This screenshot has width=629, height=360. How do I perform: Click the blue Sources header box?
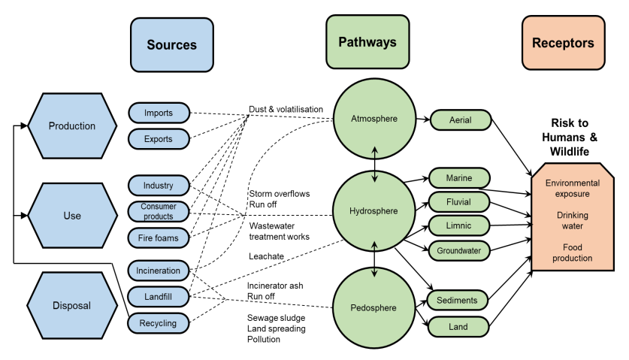pyautogui.click(x=171, y=44)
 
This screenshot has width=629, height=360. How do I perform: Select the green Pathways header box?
pyautogui.click(x=367, y=42)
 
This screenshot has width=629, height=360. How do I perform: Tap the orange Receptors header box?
pyautogui.click(x=563, y=43)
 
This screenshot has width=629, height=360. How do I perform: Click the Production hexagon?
pyautogui.click(x=72, y=126)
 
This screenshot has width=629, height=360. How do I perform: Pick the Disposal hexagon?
pyautogui.click(x=72, y=305)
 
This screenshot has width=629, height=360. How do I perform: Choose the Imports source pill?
pyautogui.click(x=159, y=113)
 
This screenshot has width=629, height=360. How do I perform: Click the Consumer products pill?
pyautogui.click(x=159, y=211)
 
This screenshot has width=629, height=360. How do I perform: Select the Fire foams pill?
pyautogui.click(x=159, y=238)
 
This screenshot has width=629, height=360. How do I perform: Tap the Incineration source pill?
pyautogui.click(x=159, y=271)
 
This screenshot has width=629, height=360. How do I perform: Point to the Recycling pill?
pyautogui.click(x=158, y=323)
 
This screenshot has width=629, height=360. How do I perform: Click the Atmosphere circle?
pyautogui.click(x=374, y=119)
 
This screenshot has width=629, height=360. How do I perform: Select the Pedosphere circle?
pyautogui.click(x=374, y=308)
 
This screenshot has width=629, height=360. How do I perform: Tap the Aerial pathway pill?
pyautogui.click(x=461, y=120)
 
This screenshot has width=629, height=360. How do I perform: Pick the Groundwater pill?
pyautogui.click(x=459, y=251)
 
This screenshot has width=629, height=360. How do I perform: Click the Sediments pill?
pyautogui.click(x=458, y=300)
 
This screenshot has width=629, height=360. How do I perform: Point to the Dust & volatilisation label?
pyautogui.click(x=286, y=109)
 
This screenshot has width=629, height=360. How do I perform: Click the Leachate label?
pyautogui.click(x=266, y=256)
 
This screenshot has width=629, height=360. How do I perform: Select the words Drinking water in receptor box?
pyautogui.click(x=573, y=220)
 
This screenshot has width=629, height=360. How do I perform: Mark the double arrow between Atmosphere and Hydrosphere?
pyautogui.click(x=375, y=165)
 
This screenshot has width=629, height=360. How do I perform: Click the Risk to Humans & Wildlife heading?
pyautogui.click(x=570, y=138)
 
